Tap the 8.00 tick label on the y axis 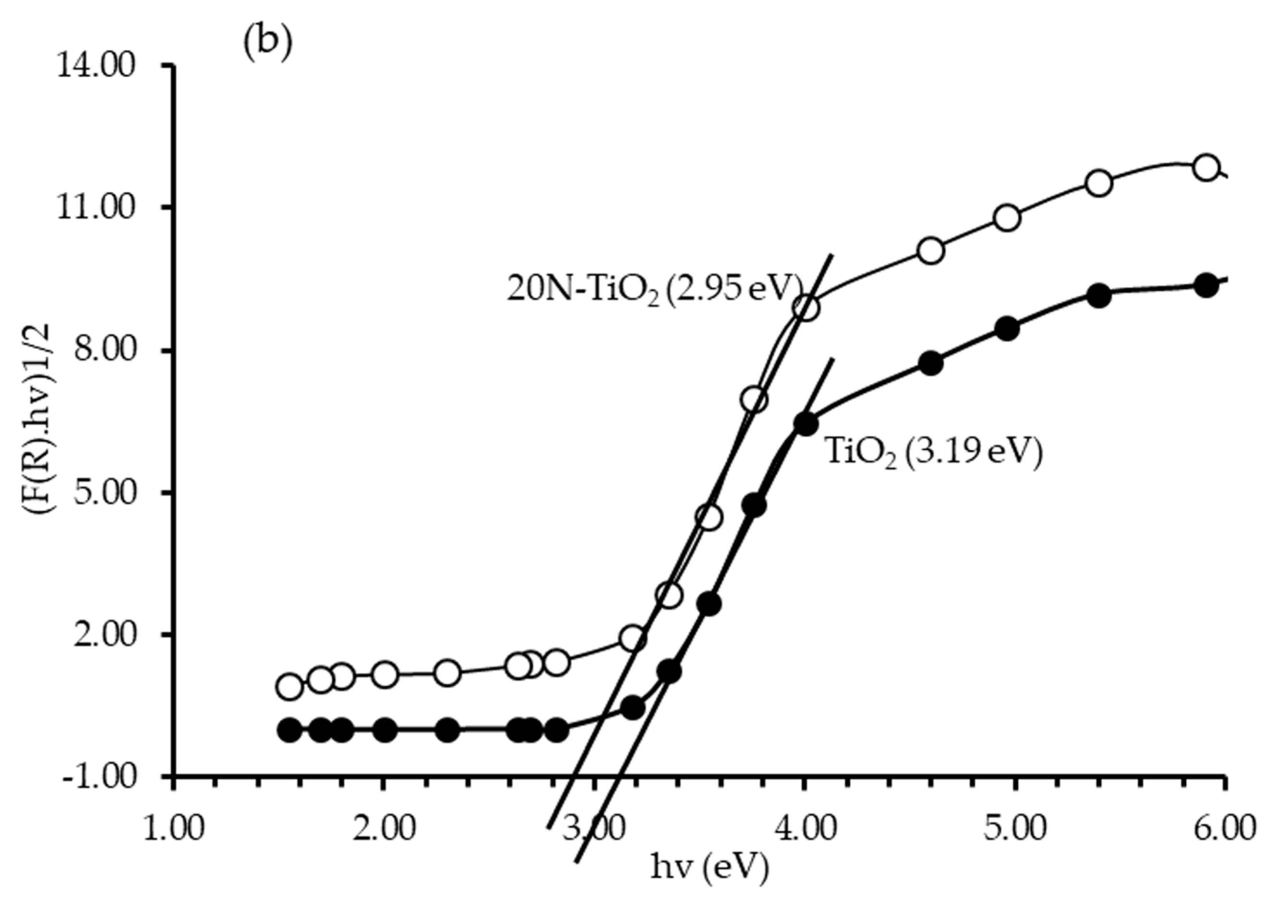coord(103,351)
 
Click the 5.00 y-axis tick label coord(103,493)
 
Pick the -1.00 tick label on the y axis coord(99,777)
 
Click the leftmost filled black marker coord(289,730)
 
